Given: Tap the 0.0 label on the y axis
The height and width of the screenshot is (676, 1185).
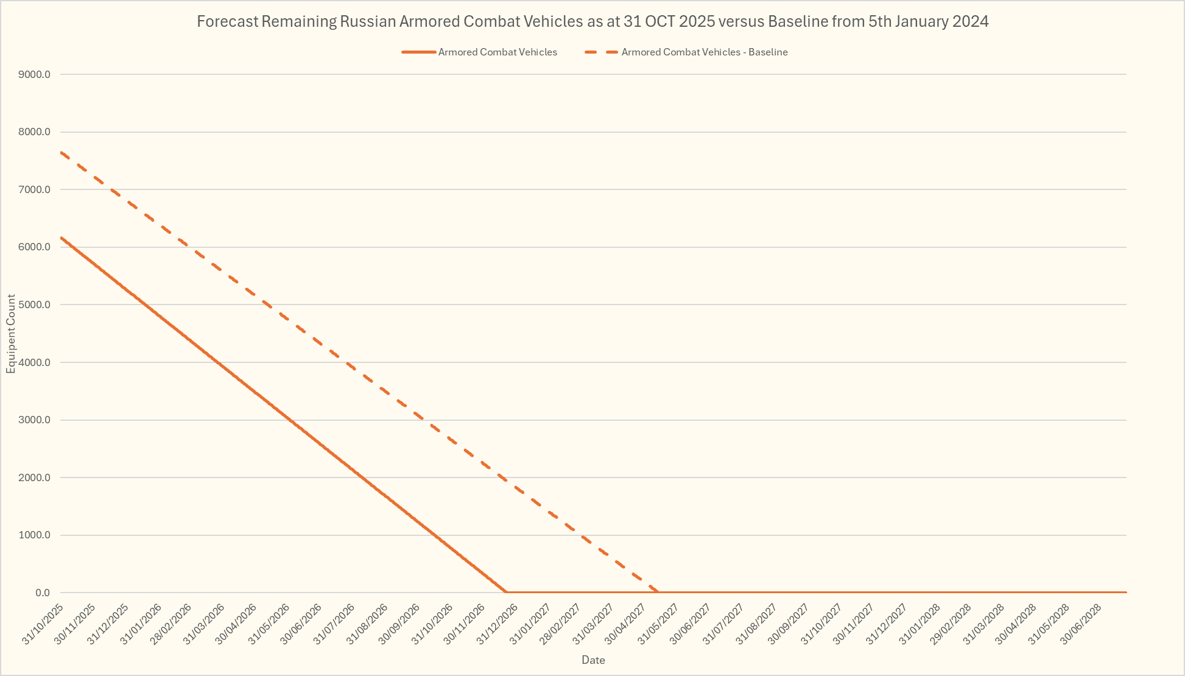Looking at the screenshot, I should pos(43,593).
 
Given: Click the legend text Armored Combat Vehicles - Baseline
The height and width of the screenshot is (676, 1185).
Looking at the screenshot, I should pos(705,52).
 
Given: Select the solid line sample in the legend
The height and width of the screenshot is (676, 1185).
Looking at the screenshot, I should pos(419,52).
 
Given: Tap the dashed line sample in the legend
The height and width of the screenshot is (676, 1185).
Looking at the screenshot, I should pos(601,52).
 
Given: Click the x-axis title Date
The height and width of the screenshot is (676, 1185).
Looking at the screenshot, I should pos(593,660).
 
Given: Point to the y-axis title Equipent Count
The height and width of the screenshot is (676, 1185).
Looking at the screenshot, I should pos(11,334).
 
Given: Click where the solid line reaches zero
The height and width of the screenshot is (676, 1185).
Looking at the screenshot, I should pos(506,593).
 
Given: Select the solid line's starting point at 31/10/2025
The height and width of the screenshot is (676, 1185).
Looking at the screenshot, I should pos(61,238).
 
